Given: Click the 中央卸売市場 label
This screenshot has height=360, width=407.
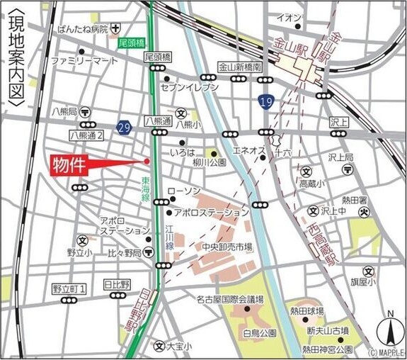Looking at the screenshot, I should click(x=226, y=247).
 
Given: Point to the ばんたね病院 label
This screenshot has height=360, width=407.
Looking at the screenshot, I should click(x=84, y=29).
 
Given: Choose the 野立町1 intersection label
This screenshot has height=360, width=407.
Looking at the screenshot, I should click(x=69, y=288).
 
